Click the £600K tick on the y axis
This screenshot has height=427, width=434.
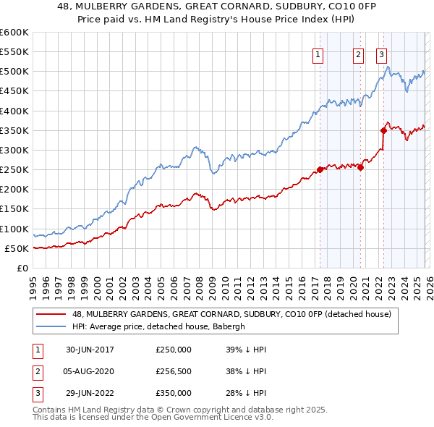tap(14, 33)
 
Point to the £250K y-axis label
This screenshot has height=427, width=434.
tap(14, 170)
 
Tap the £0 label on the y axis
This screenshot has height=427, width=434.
tap(22, 268)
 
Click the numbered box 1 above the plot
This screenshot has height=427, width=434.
tap(319, 53)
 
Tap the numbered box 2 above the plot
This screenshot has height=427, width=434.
tap(358, 53)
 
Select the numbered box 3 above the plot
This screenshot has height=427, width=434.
tap(382, 53)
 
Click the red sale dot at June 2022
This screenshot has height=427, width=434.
tap(383, 130)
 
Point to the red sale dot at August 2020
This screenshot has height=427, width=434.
tap(359, 167)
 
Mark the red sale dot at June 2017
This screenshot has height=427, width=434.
tap(320, 170)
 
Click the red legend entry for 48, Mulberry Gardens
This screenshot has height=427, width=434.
tap(231, 314)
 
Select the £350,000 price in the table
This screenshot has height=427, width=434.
tap(174, 393)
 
